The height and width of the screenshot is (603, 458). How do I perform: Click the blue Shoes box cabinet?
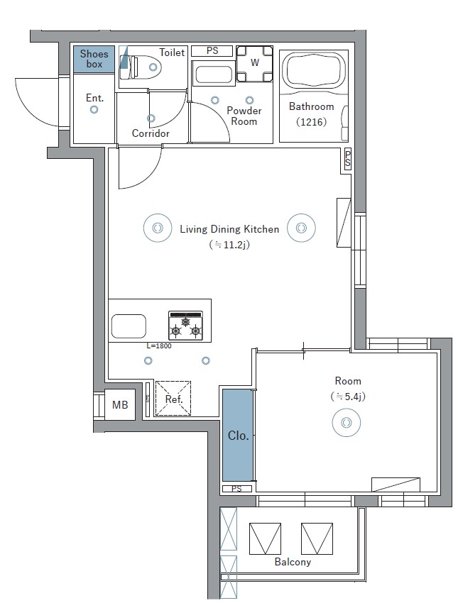click(94, 58)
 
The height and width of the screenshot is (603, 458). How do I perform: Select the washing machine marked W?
click(255, 62)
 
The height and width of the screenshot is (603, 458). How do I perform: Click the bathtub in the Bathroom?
click(315, 71)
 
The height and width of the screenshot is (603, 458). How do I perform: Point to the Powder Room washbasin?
click(214, 75)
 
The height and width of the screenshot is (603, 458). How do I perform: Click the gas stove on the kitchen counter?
click(186, 324)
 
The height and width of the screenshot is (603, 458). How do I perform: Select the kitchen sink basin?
click(129, 326)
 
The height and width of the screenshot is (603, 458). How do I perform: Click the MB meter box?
click(120, 405)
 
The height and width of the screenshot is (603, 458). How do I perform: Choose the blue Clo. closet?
click(238, 435)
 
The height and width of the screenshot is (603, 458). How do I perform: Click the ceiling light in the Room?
click(346, 423)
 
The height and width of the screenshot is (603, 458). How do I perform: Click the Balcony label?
click(293, 562)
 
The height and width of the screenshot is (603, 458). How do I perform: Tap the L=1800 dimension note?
click(158, 346)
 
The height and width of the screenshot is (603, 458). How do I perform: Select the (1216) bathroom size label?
click(311, 121)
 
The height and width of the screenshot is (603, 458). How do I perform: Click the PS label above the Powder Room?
click(212, 51)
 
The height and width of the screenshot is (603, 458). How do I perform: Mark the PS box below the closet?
click(236, 489)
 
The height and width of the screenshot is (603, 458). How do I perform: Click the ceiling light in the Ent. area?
click(94, 110)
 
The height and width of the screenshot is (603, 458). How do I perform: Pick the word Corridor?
click(151, 133)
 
